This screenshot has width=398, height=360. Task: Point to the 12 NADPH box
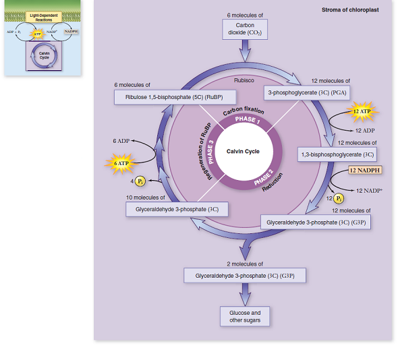coord(365,170)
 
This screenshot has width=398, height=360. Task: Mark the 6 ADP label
coord(121,141)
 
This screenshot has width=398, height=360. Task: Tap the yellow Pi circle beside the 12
coord(339,199)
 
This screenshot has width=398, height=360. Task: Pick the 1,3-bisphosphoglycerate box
coord(337,154)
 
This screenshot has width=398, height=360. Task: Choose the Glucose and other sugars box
coord(245,316)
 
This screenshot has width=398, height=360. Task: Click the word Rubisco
coord(244,80)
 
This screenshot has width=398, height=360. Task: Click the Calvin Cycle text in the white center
coord(243,152)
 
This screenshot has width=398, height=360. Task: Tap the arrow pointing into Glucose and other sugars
coord(245,295)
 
